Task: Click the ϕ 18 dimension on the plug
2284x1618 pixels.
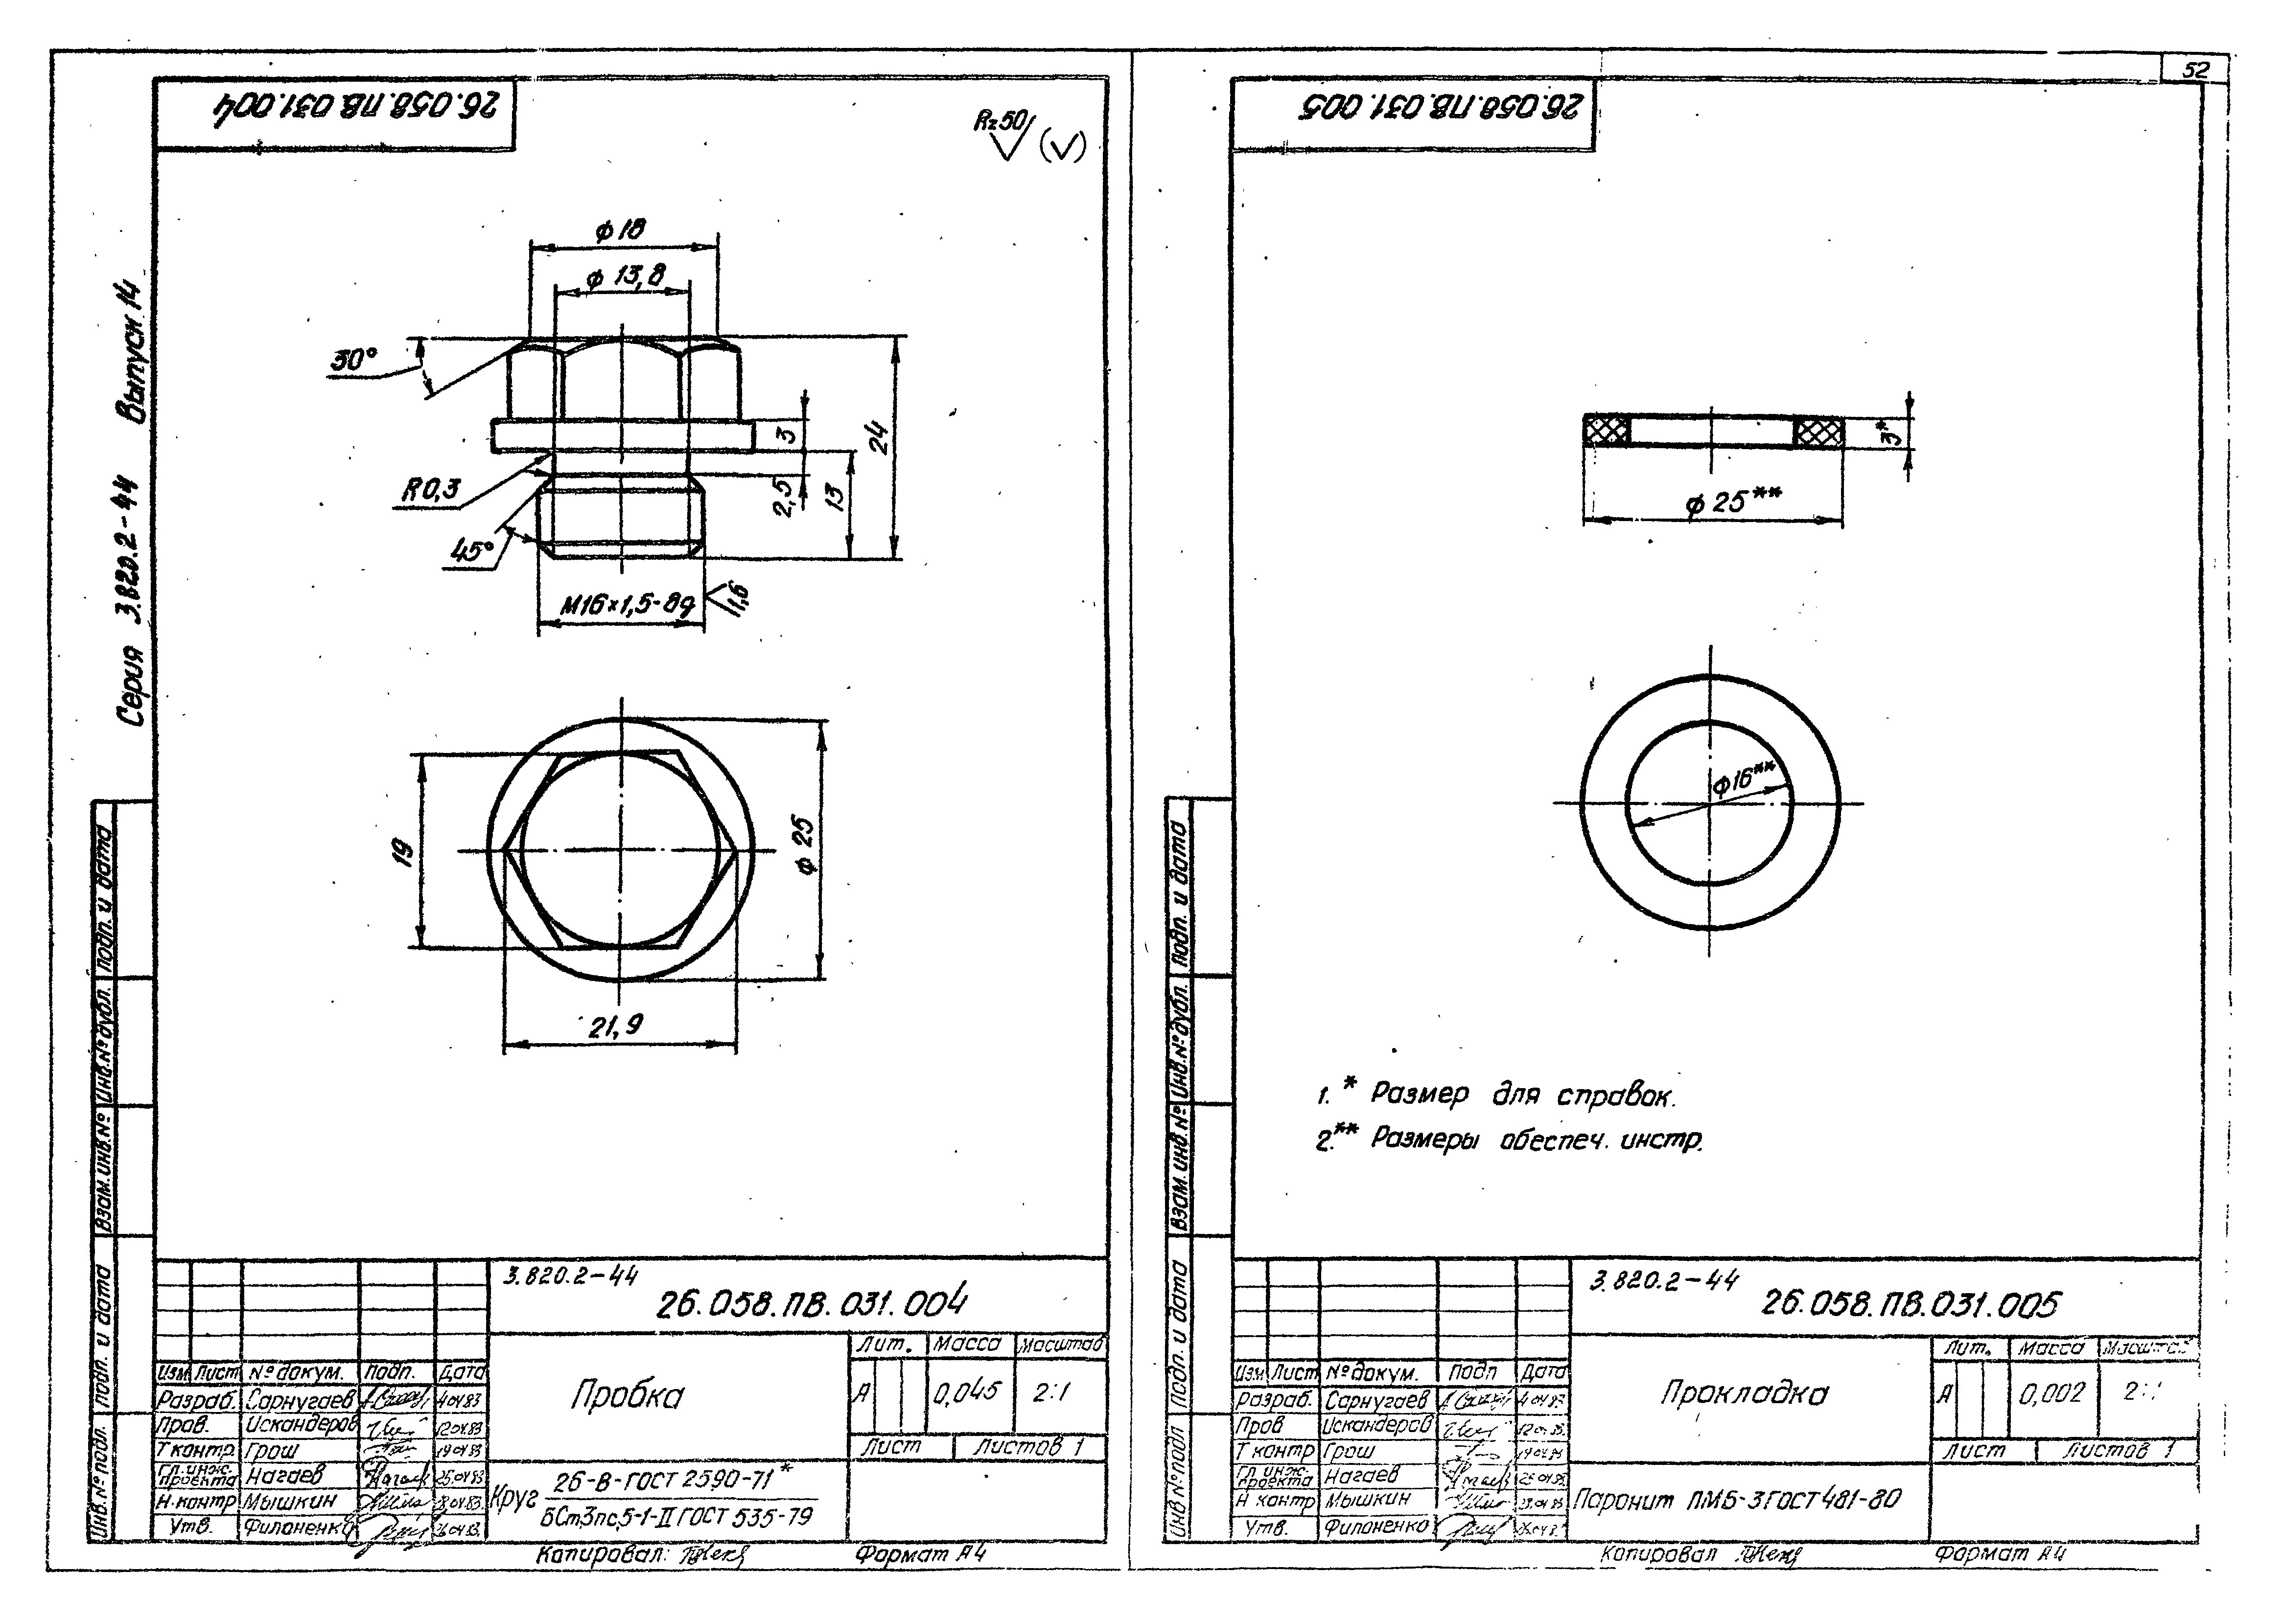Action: click(620, 230)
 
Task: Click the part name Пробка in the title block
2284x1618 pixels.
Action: click(627, 1396)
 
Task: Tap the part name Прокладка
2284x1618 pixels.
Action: click(1744, 1393)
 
